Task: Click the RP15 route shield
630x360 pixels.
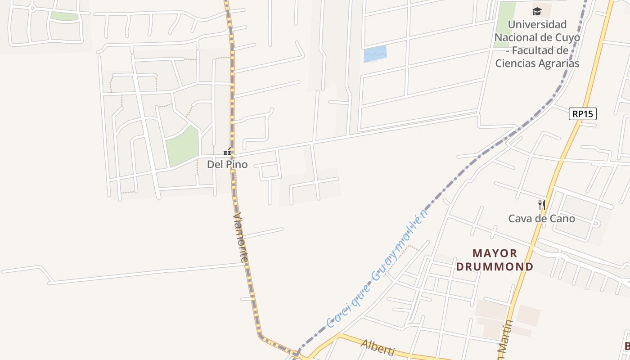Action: click(582, 114)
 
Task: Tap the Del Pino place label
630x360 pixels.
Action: click(227, 165)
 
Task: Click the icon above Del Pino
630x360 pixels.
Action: click(228, 152)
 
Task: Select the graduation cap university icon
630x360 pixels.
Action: click(537, 11)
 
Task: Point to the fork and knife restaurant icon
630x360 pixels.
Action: click(542, 205)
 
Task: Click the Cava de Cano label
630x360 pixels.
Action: click(541, 219)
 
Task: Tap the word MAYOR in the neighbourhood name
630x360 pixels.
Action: click(495, 253)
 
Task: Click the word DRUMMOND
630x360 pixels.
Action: click(495, 266)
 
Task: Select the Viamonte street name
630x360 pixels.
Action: click(241, 238)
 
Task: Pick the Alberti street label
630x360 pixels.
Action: click(378, 347)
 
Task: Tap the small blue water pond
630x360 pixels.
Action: click(375, 54)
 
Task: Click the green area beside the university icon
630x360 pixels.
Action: click(505, 22)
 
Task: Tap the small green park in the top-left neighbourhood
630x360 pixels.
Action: click(64, 16)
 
